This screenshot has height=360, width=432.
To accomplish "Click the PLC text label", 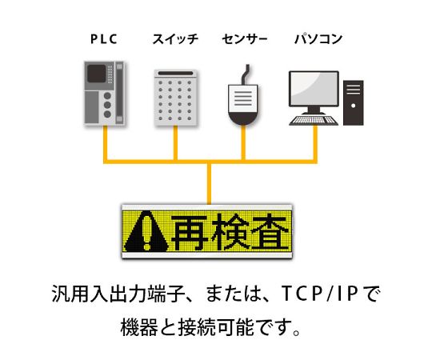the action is (x=104, y=39).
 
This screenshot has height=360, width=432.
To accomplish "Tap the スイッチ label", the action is (x=175, y=39).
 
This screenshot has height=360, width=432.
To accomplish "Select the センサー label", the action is (x=245, y=39).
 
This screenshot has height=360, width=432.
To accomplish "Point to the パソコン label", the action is (x=318, y=39).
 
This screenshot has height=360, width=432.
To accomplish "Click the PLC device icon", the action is (x=104, y=93).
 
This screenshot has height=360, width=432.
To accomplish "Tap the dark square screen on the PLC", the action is (x=97, y=74).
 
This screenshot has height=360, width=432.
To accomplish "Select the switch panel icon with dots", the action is (x=175, y=98).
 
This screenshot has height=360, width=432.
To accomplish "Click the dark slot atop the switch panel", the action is (x=175, y=74).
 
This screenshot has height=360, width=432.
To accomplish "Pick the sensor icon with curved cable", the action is (x=243, y=95).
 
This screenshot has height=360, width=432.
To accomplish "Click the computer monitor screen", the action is (x=314, y=89).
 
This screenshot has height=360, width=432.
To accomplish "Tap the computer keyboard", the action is (x=314, y=120).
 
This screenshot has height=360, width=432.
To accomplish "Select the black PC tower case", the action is (x=354, y=102).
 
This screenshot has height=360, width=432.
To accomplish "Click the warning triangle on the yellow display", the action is (x=146, y=231).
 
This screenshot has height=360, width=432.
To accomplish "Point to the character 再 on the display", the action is (x=190, y=232).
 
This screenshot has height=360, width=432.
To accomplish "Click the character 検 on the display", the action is (x=230, y=232).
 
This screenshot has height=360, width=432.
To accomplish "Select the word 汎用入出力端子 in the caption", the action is (x=118, y=294).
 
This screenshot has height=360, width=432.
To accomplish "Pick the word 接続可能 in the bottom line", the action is (x=216, y=327).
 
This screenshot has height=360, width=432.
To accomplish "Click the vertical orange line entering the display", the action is (x=210, y=184).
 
